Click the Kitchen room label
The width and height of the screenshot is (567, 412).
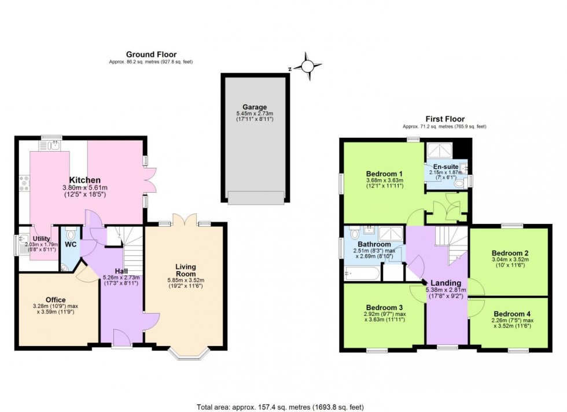coord(85,180)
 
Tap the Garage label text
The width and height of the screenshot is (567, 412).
coord(255,107)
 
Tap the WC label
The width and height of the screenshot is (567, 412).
coord(71,245)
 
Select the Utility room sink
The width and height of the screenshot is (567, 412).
coord(25,238)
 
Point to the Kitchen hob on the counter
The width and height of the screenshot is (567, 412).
coord(25,183)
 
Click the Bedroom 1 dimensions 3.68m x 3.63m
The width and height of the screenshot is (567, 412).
coord(384,181)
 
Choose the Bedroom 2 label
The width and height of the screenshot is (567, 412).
coord(510,253)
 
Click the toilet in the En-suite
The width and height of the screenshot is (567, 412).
coord(461,183)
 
